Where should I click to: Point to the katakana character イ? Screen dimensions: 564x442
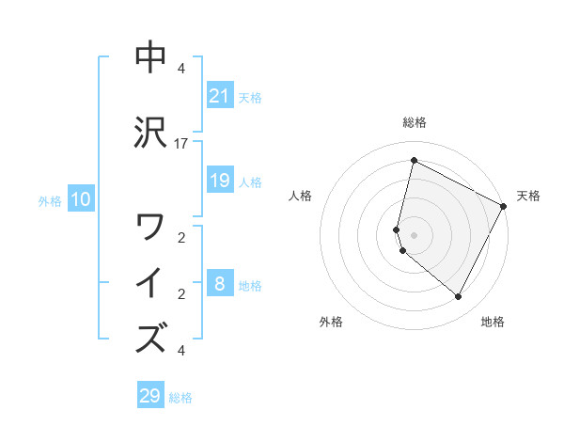point(151,283)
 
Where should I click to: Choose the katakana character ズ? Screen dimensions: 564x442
point(151,338)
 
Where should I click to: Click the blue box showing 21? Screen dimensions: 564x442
point(219,96)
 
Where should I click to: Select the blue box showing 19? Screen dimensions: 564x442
point(219,181)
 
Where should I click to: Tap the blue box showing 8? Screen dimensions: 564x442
point(219,284)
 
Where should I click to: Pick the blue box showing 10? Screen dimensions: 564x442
point(81,199)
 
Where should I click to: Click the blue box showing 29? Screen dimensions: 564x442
point(149,396)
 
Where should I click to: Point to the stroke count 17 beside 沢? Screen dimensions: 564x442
point(181,144)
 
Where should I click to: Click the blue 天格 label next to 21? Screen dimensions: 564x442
point(250,98)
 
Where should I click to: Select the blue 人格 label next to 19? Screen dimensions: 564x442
point(250,182)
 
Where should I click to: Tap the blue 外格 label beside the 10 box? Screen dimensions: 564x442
point(50,201)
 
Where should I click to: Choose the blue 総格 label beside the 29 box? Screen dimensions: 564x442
point(180,398)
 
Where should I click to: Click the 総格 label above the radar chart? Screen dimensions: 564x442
point(414,122)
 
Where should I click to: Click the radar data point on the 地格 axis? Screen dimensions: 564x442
point(458,297)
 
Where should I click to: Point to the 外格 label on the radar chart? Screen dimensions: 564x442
point(331,323)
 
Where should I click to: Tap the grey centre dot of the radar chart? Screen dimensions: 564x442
point(414,234)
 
